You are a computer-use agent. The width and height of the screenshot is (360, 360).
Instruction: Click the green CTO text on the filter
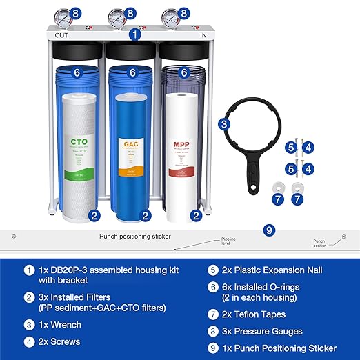point(78,143)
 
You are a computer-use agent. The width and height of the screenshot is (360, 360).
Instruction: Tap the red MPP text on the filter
point(182,145)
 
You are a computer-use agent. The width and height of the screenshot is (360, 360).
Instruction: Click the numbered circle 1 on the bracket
point(136,32)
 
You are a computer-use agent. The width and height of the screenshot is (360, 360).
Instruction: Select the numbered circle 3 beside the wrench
point(224,124)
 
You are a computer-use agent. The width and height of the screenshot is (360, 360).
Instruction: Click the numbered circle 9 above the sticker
point(269,228)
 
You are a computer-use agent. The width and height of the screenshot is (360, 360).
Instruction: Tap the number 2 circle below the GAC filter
point(146,216)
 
